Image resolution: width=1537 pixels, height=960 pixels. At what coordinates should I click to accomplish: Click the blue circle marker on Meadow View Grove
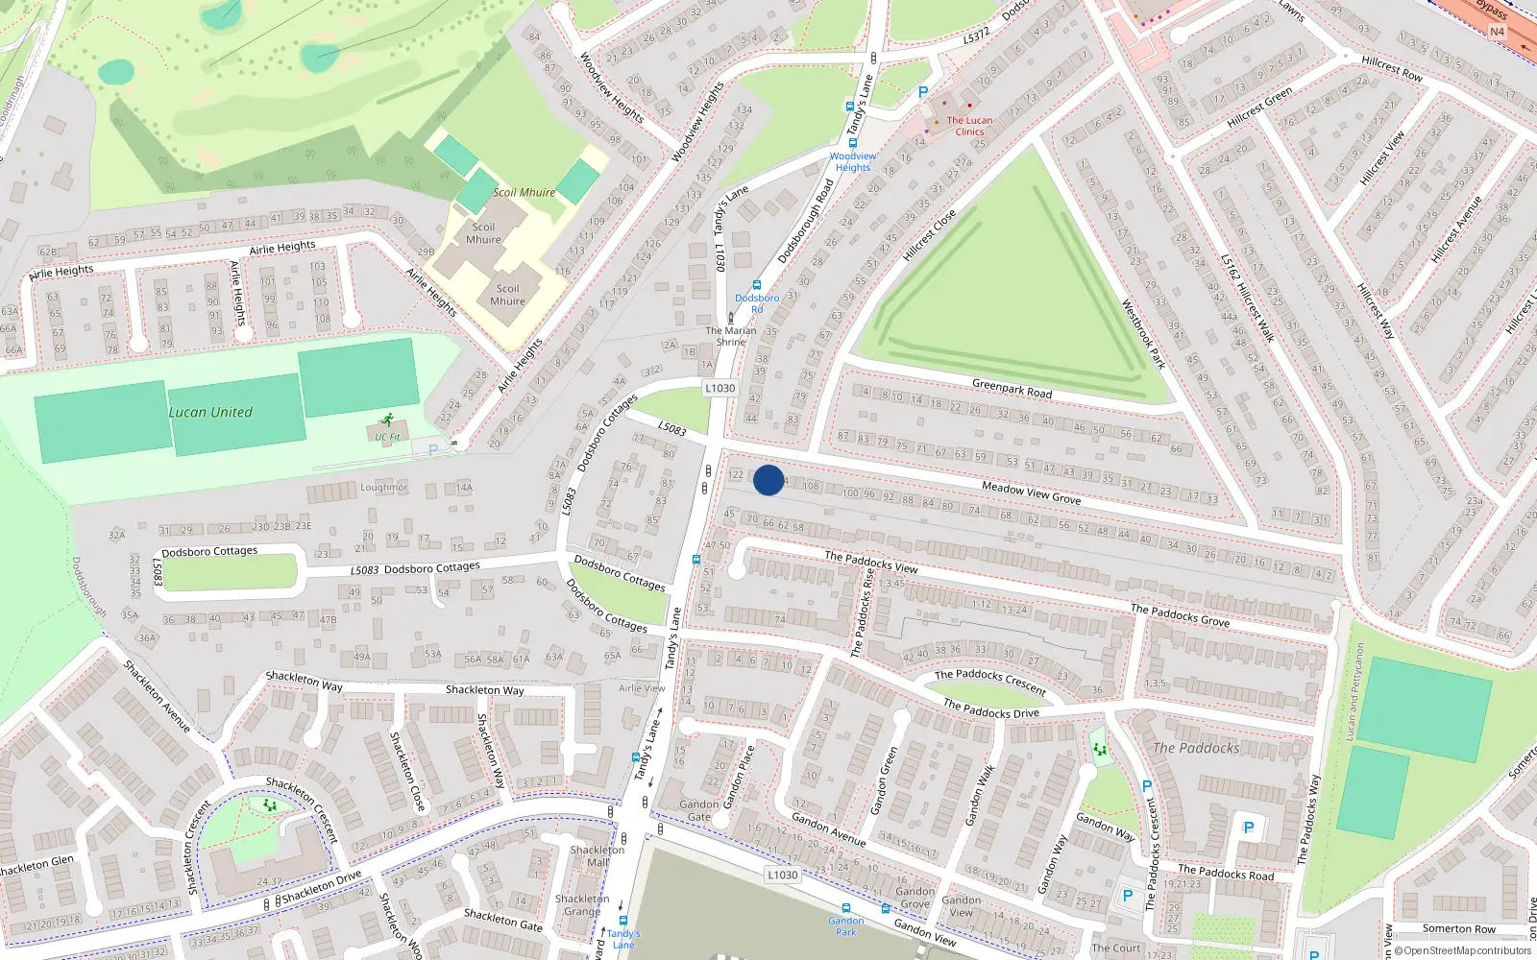[768, 480]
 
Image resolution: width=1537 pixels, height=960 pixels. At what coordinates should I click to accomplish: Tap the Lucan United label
[210, 413]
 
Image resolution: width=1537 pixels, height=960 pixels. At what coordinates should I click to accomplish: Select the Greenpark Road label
[1012, 389]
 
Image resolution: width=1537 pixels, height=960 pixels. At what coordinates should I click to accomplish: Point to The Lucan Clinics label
[969, 126]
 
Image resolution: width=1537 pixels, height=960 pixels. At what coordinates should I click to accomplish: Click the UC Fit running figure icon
[387, 420]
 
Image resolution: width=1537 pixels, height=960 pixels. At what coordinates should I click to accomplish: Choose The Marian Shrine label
[731, 336]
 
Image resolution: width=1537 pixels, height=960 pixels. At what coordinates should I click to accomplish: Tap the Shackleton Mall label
[598, 855]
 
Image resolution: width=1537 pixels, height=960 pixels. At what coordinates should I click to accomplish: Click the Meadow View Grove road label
[1031, 493]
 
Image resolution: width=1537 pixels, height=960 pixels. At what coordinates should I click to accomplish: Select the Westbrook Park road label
[1143, 334]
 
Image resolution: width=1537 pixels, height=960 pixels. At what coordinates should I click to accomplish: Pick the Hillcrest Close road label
[929, 235]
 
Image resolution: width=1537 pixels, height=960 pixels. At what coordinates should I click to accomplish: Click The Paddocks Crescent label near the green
[989, 682]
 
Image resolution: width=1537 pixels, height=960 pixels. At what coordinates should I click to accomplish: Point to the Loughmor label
[384, 488]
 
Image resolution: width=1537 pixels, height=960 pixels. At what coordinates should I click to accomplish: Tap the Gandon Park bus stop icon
[845, 908]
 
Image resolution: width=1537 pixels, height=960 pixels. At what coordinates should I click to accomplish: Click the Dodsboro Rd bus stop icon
[757, 285]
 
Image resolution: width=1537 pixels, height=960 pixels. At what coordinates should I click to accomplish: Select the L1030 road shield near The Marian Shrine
[720, 389]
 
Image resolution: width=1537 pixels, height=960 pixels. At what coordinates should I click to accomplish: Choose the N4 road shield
[1497, 32]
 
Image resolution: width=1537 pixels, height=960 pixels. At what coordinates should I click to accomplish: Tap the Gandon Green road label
[884, 780]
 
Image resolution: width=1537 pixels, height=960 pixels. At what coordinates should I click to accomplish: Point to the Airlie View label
[642, 688]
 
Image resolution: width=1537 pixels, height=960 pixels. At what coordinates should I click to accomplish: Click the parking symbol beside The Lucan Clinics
[923, 92]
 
